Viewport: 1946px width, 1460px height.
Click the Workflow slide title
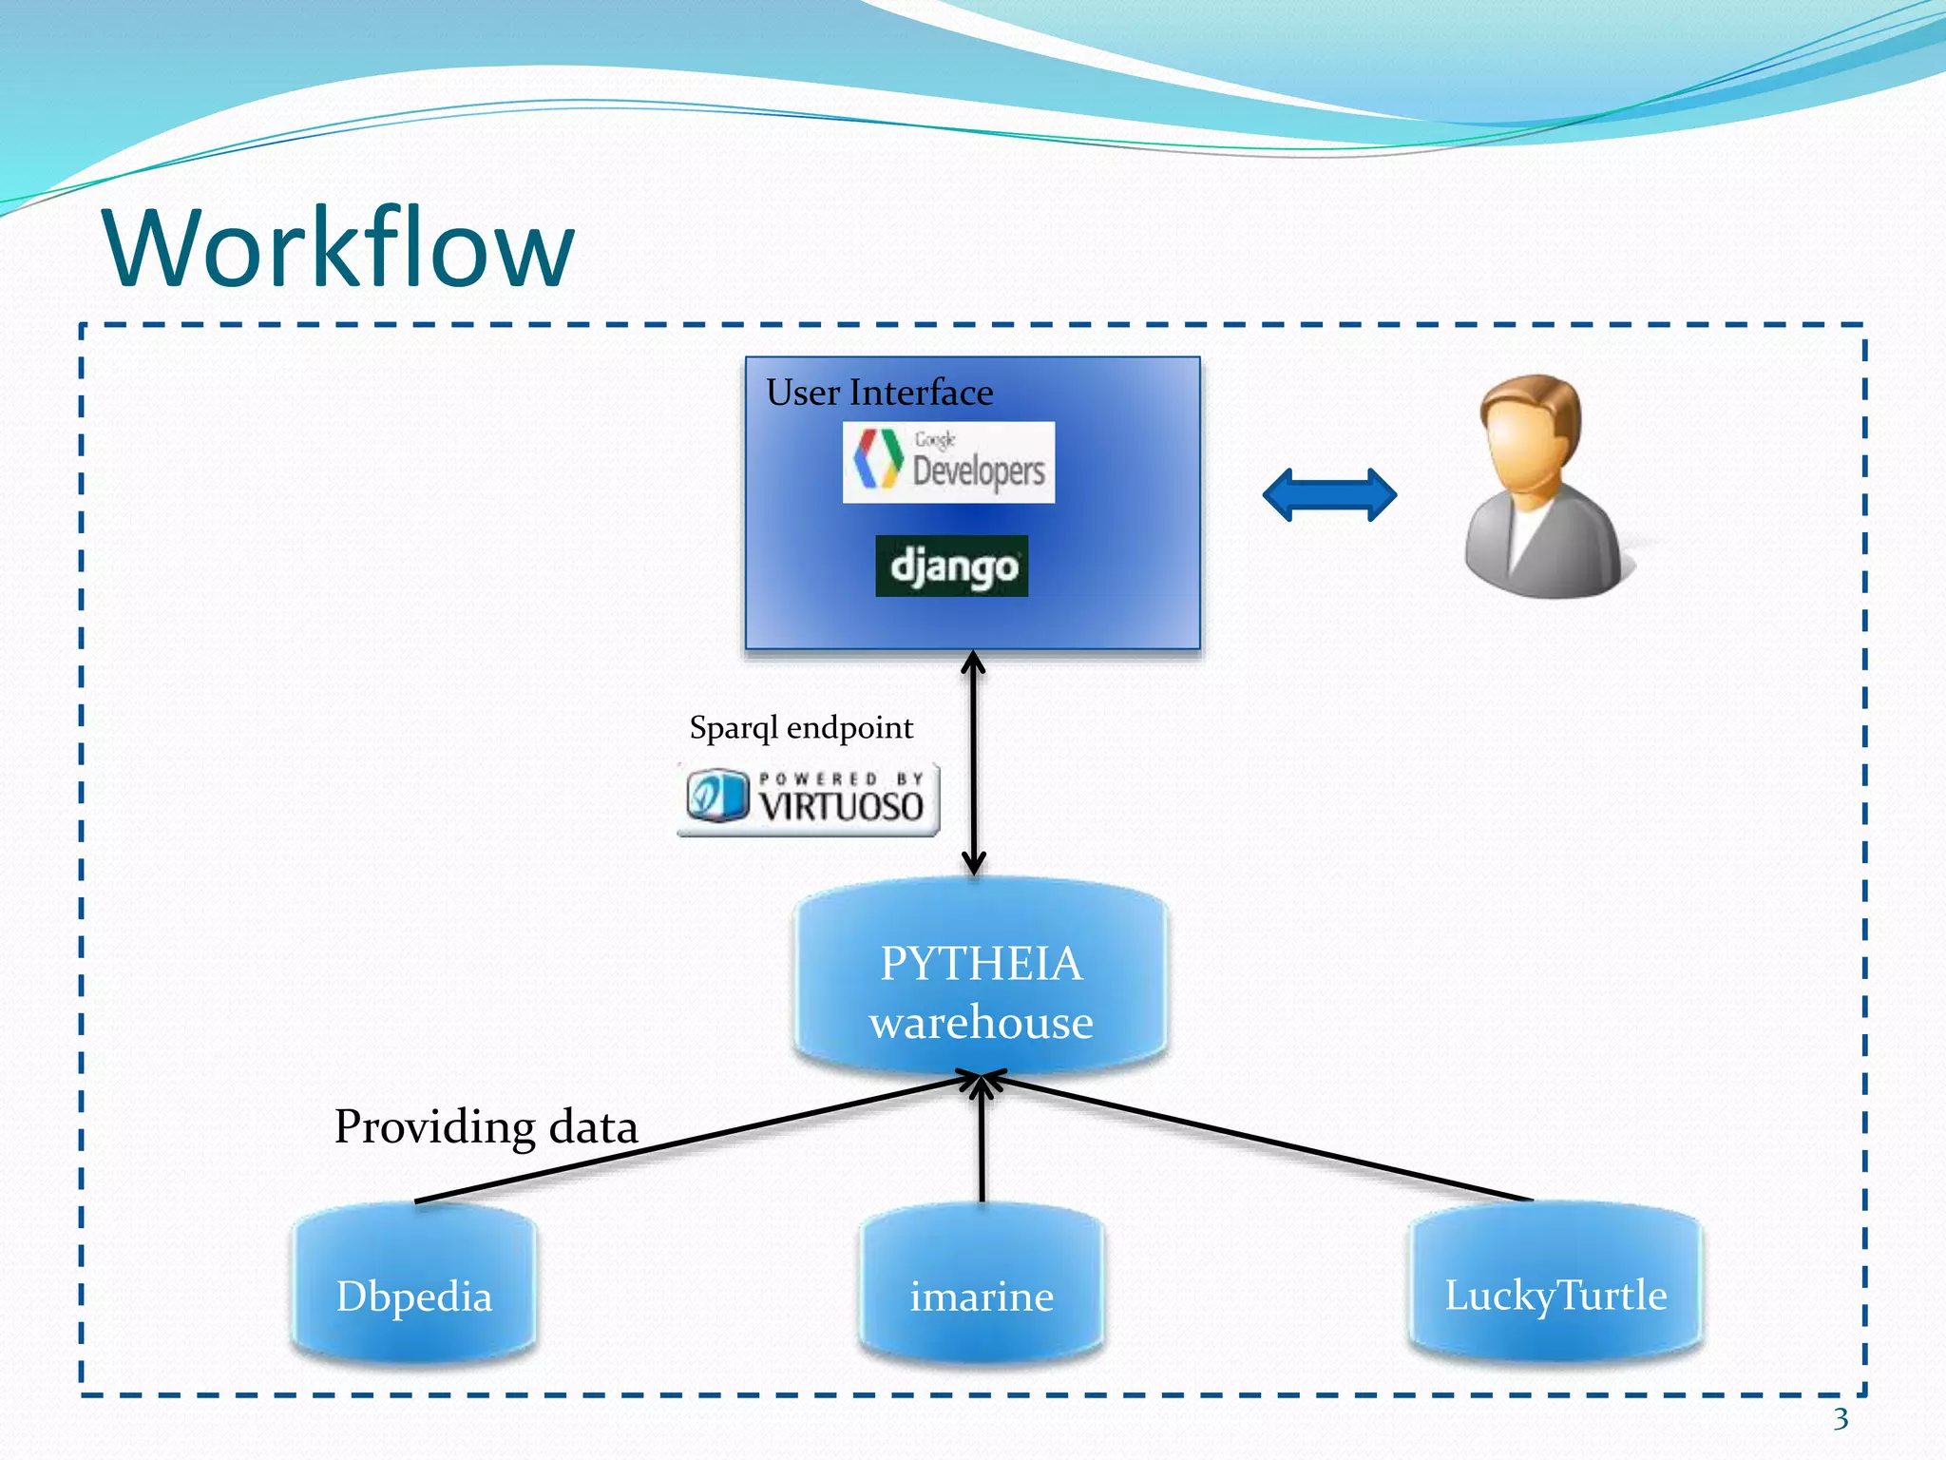click(x=338, y=248)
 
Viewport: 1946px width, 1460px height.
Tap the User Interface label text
click(x=879, y=393)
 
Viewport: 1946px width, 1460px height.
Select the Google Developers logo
click(x=948, y=462)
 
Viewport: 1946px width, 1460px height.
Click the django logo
click(x=951, y=567)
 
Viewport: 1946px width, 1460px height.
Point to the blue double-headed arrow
click(x=1329, y=494)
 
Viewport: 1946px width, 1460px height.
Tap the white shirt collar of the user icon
click(x=1524, y=532)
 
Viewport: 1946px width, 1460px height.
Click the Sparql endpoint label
click(x=801, y=728)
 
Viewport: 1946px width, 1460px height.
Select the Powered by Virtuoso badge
click(x=809, y=799)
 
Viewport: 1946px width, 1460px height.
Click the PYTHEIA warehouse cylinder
click(x=981, y=979)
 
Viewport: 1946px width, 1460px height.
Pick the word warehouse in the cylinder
click(x=981, y=1023)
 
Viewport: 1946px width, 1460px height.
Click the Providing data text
click(x=486, y=1127)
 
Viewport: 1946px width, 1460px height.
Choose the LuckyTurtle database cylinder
click(x=1555, y=1283)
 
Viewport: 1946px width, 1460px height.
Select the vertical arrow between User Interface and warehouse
click(x=973, y=760)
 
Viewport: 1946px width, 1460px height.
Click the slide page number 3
click(x=1841, y=1419)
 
